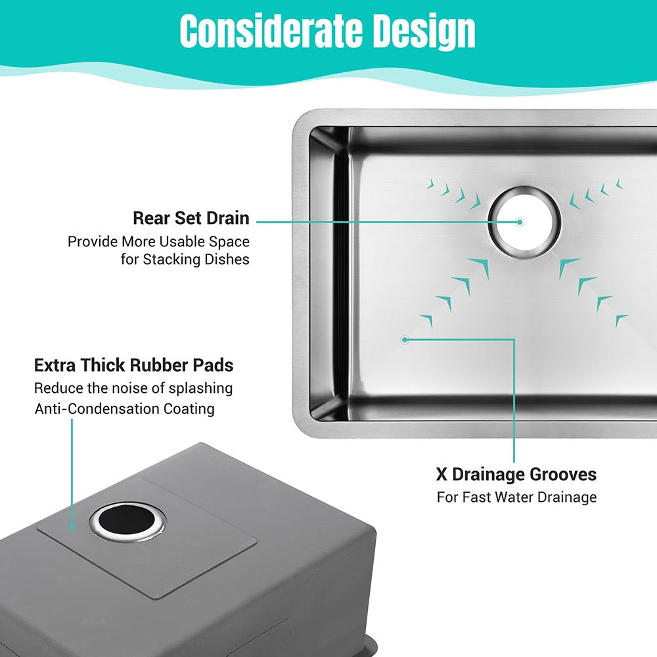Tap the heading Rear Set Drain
(191, 218)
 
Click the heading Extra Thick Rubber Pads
(133, 365)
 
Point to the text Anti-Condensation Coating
(124, 409)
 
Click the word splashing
(200, 389)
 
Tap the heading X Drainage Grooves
(516, 474)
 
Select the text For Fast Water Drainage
(516, 497)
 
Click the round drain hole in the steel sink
(524, 222)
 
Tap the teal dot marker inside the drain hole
(520, 222)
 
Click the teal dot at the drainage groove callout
(405, 340)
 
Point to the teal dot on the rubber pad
(72, 529)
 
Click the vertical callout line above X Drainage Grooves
(514, 401)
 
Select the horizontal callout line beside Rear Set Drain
(388, 222)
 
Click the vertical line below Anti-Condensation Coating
(72, 474)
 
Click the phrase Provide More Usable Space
(158, 242)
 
